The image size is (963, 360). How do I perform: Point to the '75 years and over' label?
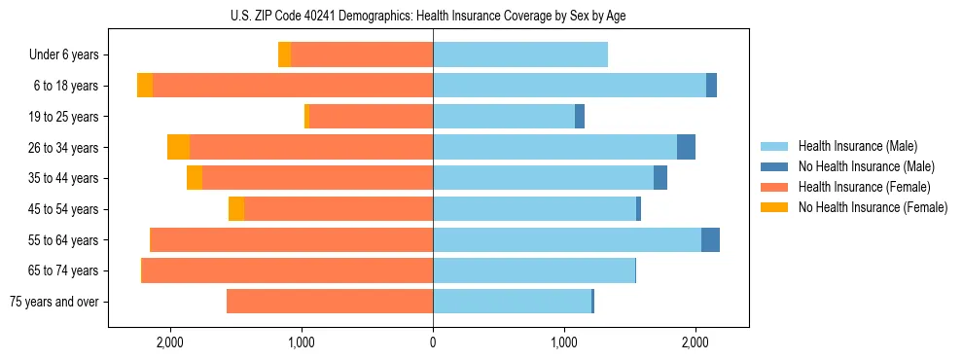(x=53, y=302)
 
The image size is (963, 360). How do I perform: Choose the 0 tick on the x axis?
(x=433, y=342)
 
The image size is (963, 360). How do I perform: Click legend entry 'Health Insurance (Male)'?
(x=852, y=146)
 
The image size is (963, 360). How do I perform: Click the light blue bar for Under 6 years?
(x=520, y=55)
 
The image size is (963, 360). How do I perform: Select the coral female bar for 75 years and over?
(x=330, y=302)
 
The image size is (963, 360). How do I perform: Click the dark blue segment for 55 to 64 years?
(x=710, y=240)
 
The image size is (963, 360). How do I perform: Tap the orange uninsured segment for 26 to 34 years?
(x=178, y=148)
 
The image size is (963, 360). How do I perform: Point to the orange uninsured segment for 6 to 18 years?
(x=145, y=86)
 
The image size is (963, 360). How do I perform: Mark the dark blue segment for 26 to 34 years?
(x=686, y=148)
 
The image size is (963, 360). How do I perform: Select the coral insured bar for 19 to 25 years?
(x=371, y=117)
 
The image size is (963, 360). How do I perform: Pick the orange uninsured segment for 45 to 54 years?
(x=236, y=209)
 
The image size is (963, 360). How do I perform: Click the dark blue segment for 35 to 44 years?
(x=660, y=178)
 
